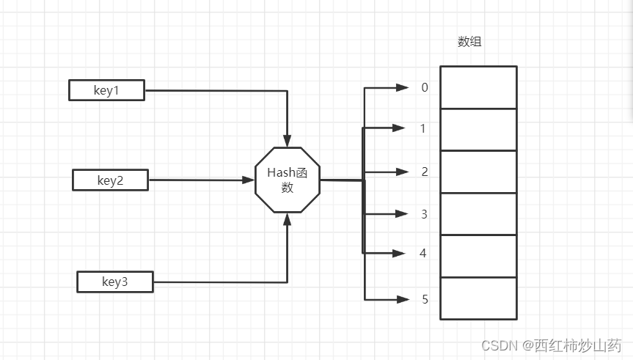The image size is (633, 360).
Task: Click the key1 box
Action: [x=106, y=91]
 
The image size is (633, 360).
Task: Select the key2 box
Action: [x=110, y=180]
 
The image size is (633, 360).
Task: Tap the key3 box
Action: [x=115, y=282]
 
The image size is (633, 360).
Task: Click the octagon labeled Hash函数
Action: [x=288, y=180]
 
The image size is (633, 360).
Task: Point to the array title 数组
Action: [x=469, y=42]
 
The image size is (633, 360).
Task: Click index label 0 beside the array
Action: [x=424, y=88]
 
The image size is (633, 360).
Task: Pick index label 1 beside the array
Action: [x=422, y=129]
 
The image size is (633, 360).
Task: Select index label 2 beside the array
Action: [x=424, y=172]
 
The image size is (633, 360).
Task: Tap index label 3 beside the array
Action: [x=424, y=214]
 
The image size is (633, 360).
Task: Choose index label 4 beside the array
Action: [x=422, y=254]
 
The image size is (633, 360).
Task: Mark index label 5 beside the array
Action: [x=424, y=299]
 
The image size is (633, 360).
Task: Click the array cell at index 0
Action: [x=478, y=87]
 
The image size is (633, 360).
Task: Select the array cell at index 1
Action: [x=478, y=130]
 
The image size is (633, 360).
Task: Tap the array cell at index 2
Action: [x=478, y=172]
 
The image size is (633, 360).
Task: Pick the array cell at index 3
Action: [x=478, y=214]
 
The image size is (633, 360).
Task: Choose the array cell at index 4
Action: [x=478, y=256]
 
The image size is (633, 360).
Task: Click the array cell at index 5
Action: [x=478, y=298]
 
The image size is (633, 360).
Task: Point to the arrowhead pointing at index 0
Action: [x=402, y=87]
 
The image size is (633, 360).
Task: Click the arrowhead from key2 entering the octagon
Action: [x=249, y=180]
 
